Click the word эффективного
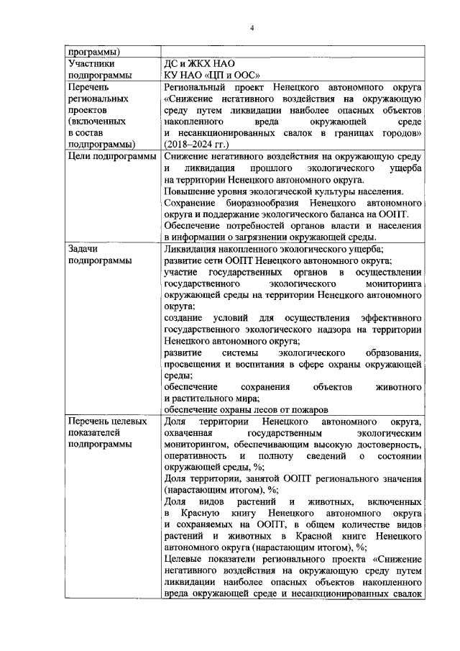(387, 318)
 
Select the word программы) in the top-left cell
(93, 52)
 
